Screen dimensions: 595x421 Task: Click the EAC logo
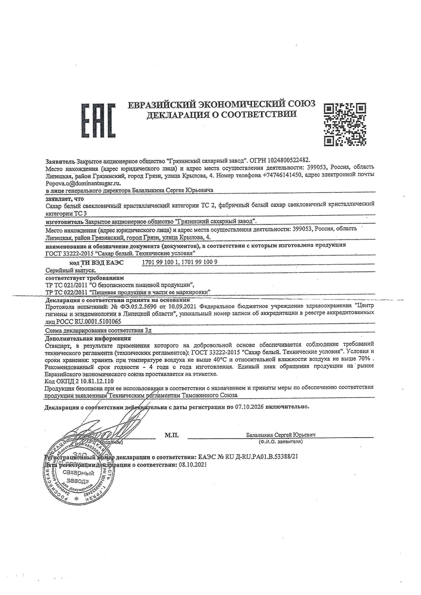[98, 120]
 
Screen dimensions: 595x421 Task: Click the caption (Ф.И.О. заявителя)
[280, 442]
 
